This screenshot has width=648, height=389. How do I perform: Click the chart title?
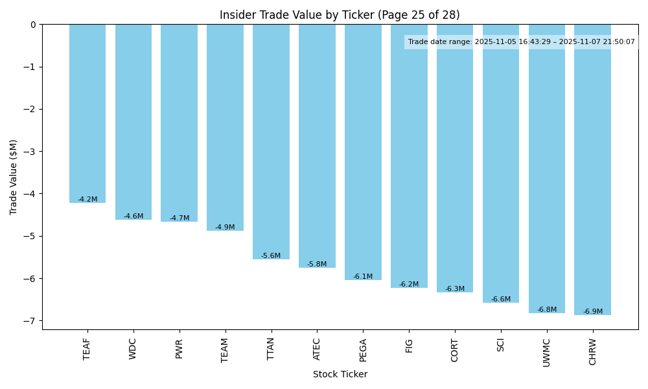point(340,15)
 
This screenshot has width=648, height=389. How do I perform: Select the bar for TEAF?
point(87,113)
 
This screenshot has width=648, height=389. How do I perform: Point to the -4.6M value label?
point(133,217)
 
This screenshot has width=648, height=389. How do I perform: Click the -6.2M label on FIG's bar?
point(409,285)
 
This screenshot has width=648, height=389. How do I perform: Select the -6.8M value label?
point(547,310)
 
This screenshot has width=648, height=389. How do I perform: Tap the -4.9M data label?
point(225,228)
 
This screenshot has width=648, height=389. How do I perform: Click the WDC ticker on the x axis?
point(133,349)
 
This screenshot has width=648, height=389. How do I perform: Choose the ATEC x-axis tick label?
point(317,349)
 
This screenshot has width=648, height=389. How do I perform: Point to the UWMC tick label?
point(547,352)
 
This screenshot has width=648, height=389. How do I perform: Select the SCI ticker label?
point(501,346)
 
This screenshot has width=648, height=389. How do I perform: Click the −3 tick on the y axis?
point(32,152)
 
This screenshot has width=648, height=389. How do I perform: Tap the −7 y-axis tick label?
point(32,321)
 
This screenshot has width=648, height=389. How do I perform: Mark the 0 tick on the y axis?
point(34,25)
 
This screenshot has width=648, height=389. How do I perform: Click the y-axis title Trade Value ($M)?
point(14,177)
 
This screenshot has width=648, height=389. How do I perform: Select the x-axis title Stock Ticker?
point(340,375)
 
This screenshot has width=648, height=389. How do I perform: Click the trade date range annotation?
point(521,42)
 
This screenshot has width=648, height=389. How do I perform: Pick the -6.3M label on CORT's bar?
point(455,289)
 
